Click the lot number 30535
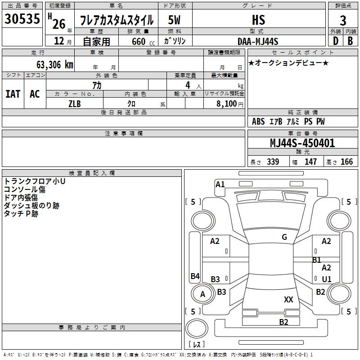[x=22, y=18]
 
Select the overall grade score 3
[x=343, y=20]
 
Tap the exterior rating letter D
[x=336, y=41]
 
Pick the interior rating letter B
[x=350, y=41]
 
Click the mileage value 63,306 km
[x=55, y=65]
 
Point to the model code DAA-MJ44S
[x=258, y=41]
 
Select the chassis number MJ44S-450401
[x=302, y=143]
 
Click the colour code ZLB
[x=75, y=104]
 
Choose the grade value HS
[x=259, y=20]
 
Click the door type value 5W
[x=174, y=20]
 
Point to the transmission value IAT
[x=13, y=94]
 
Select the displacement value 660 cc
[x=143, y=42]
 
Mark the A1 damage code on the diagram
[x=220, y=184]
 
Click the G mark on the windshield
[x=284, y=237]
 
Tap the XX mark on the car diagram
[x=288, y=299]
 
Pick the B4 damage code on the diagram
[x=195, y=276]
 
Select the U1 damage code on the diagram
[x=327, y=279]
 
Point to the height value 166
[x=346, y=162]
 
